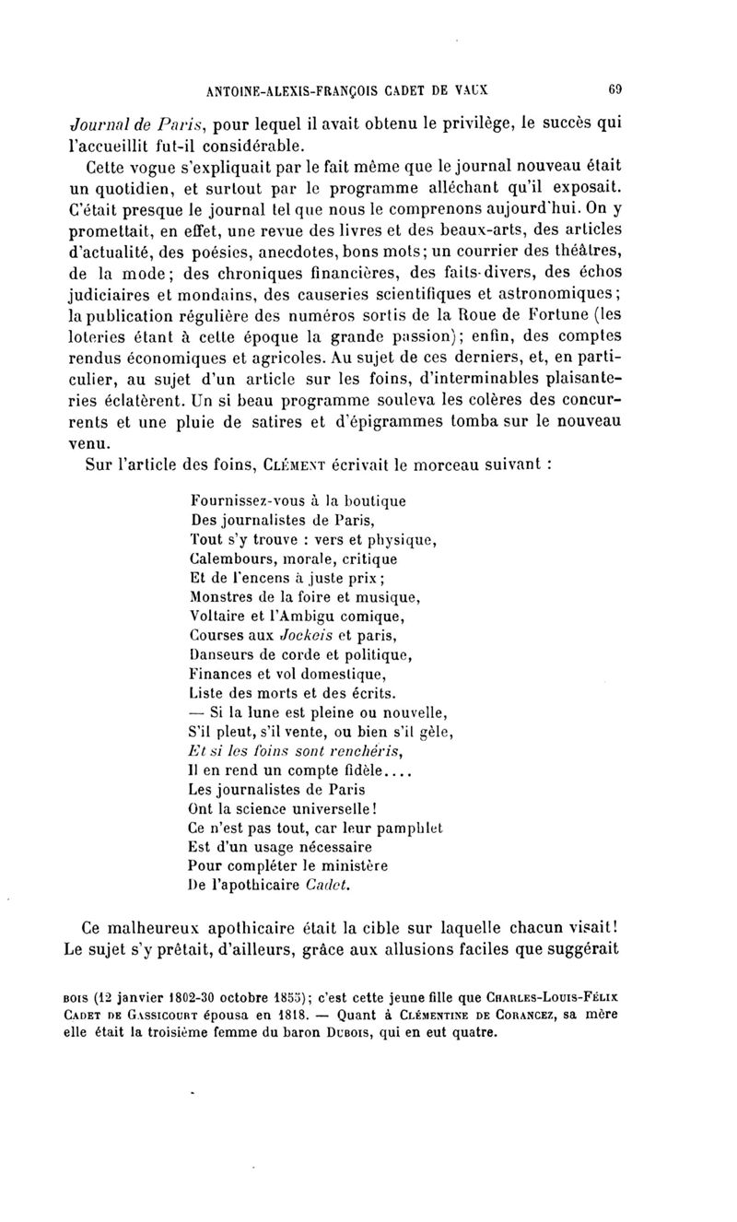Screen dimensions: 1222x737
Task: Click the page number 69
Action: pos(616,90)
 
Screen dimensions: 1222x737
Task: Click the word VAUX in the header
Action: pos(468,90)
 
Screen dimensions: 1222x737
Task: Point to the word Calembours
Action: pos(228,559)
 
